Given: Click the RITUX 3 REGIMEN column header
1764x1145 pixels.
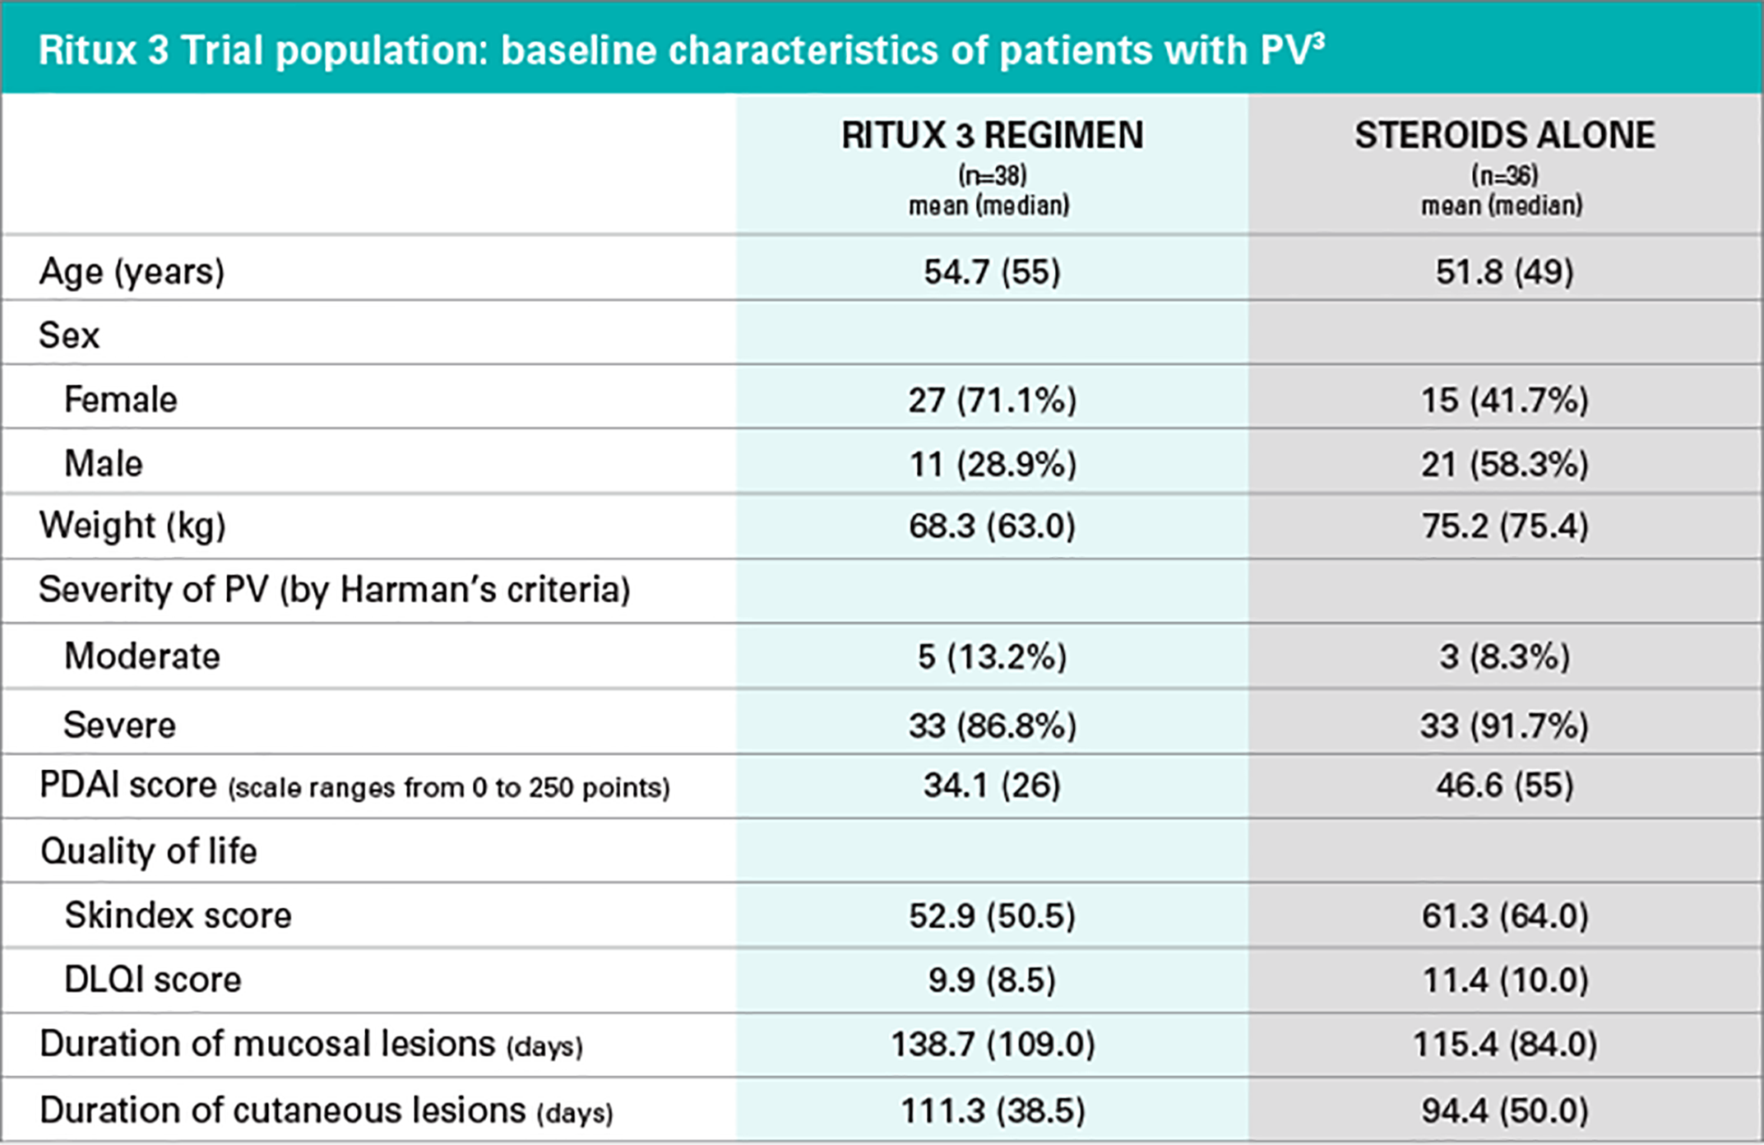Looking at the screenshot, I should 992,136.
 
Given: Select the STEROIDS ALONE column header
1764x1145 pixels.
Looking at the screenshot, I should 1504,136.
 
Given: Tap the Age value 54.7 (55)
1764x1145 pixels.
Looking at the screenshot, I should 992,271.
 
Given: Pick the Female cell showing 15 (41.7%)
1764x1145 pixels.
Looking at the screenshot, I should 1504,400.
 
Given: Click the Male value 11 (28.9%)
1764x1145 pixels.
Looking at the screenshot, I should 992,464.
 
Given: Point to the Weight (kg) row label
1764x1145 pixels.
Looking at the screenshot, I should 132,526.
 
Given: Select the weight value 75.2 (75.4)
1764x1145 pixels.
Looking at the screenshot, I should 1504,526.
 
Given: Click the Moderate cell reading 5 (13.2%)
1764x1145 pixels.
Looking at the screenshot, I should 992,656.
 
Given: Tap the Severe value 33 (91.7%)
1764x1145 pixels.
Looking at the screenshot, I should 1504,725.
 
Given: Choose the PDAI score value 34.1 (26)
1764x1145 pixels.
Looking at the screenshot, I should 992,786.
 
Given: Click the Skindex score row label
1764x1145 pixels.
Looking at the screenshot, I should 178,916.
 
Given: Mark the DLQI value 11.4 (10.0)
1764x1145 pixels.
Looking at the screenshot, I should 1504,980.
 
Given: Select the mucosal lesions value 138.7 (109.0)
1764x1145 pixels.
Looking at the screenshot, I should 992,1045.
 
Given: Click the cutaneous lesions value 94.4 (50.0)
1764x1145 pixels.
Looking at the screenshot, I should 1504,1110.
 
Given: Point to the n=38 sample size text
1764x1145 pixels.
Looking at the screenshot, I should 992,175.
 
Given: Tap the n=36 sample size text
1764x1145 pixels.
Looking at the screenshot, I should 1504,175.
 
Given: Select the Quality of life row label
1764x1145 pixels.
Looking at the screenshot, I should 148,851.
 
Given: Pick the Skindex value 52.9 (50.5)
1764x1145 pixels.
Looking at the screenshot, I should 992,916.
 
